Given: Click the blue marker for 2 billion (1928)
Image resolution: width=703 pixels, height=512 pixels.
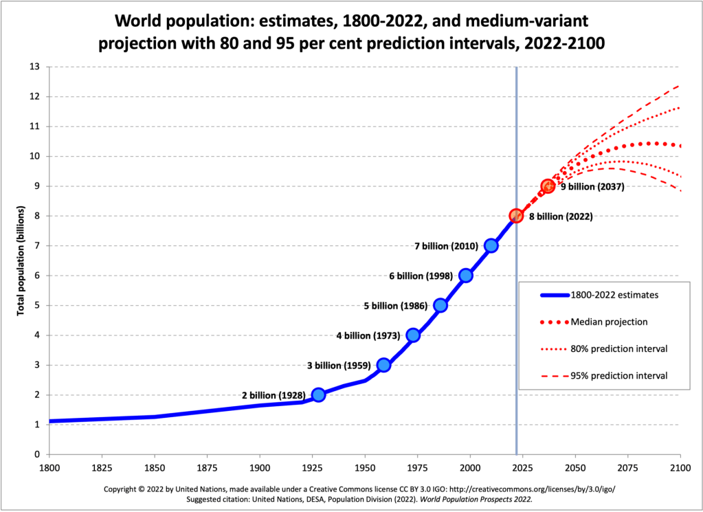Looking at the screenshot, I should pos(318,394).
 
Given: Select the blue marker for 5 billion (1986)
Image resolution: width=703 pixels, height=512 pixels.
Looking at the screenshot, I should pos(440,305).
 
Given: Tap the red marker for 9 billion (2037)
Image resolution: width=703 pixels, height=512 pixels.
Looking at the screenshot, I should pos(548,186).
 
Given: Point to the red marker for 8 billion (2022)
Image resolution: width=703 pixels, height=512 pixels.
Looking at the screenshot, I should pos(516,216).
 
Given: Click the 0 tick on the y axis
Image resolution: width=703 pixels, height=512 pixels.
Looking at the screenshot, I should pos(38,454).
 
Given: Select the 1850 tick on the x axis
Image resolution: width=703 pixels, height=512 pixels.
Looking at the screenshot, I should pos(155,467).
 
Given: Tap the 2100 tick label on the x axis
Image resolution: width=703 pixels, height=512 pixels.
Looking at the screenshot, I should pos(680,467).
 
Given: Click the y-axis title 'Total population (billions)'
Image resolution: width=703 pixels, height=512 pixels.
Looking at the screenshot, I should pos(21,260).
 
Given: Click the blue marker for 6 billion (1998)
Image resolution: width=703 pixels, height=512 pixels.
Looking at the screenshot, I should pos(466,276).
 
